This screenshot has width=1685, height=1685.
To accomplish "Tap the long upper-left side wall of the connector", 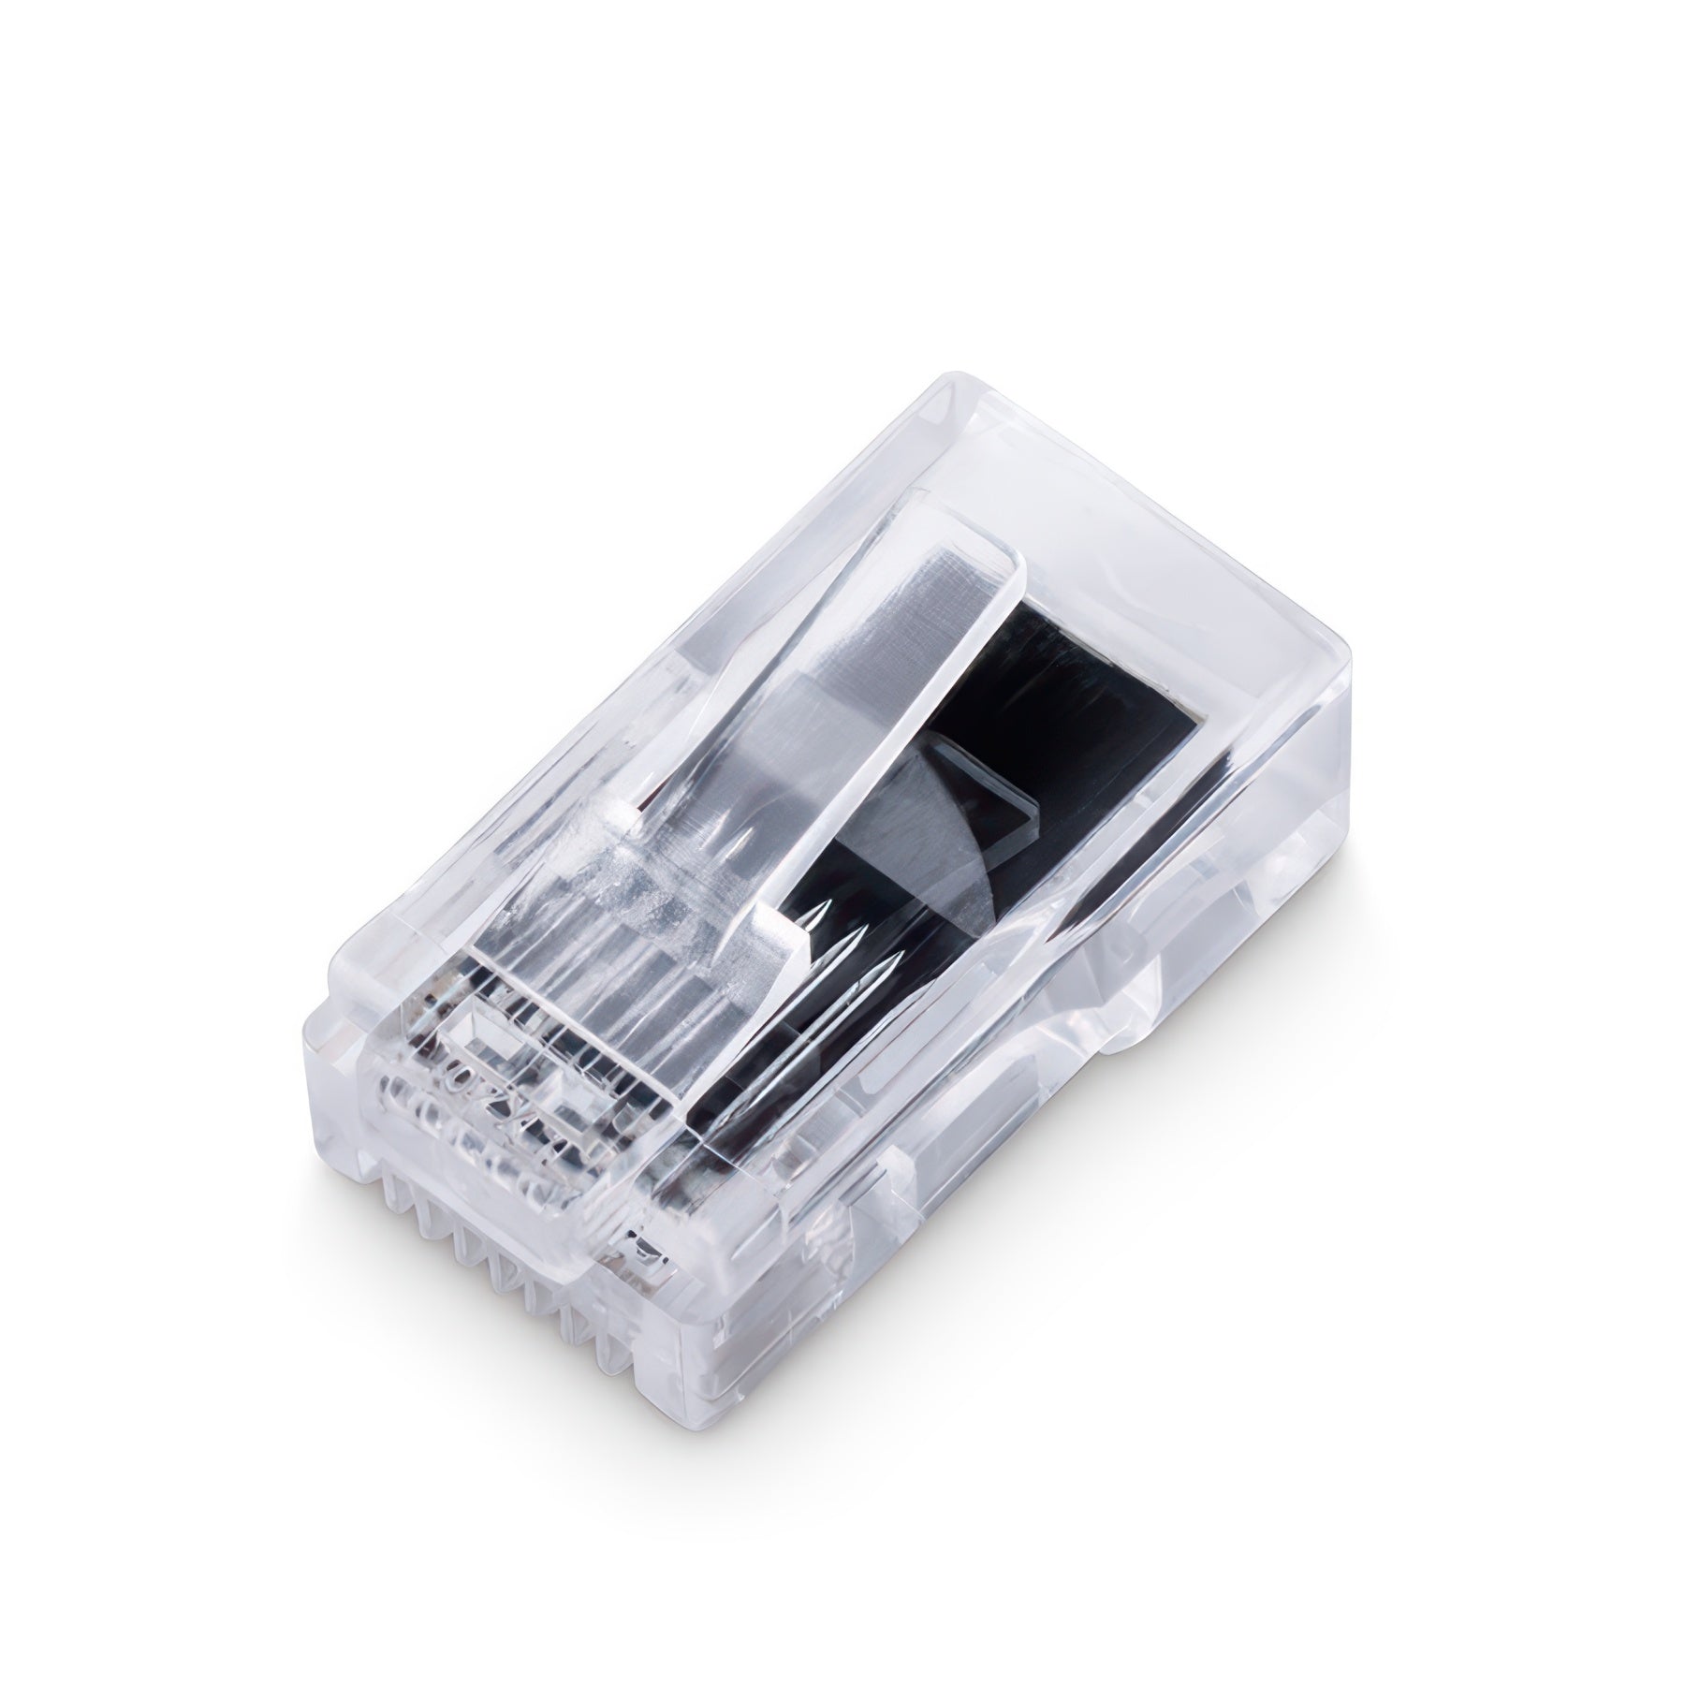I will click(580, 674).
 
